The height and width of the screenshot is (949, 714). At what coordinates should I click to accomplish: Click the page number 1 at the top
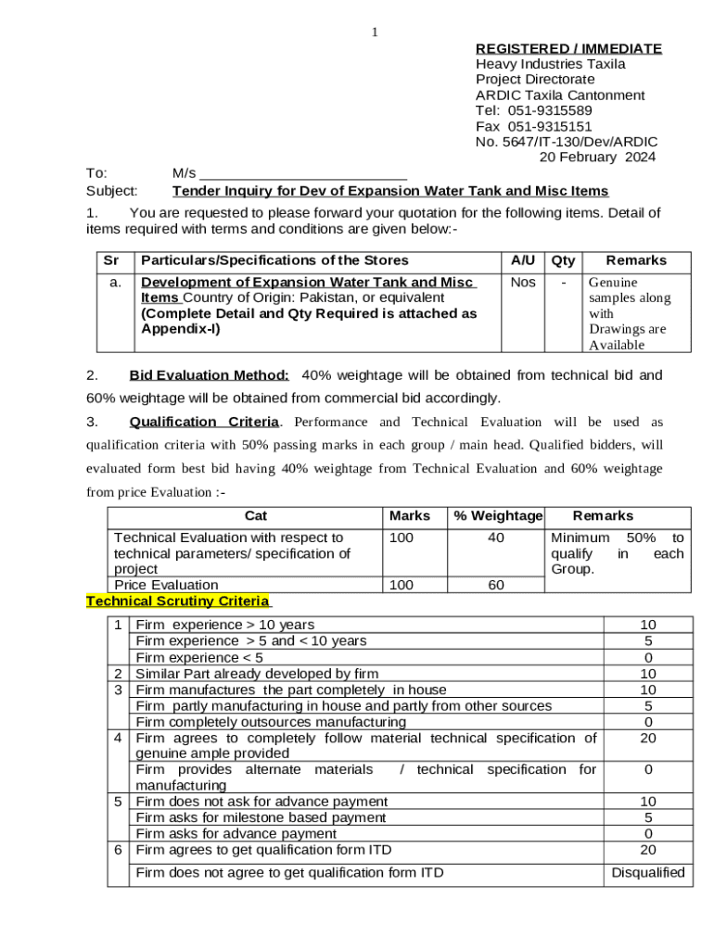click(375, 33)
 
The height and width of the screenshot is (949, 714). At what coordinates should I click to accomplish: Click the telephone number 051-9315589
click(550, 110)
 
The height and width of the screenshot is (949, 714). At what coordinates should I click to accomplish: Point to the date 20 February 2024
click(597, 157)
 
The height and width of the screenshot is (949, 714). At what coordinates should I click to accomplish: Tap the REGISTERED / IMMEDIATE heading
click(568, 48)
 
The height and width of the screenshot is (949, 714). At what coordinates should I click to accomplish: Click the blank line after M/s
click(303, 173)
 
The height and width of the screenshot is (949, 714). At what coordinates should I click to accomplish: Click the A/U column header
click(522, 260)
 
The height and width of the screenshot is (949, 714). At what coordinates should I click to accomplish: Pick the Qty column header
click(564, 260)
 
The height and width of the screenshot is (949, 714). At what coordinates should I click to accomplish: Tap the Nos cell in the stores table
click(523, 282)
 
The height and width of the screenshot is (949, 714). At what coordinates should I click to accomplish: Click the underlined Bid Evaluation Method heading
click(209, 375)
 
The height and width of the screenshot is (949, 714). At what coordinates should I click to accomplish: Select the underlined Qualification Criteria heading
click(204, 422)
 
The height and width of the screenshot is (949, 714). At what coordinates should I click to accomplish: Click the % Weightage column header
click(498, 515)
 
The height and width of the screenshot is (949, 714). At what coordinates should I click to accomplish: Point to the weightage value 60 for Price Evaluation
click(496, 585)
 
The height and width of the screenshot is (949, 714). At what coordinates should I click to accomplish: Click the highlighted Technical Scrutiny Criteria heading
click(177, 601)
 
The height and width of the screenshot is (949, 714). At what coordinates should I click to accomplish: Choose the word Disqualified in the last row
click(648, 872)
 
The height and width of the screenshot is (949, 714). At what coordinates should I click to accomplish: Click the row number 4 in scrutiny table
click(118, 738)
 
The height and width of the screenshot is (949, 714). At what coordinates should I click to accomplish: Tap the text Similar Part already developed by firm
click(257, 674)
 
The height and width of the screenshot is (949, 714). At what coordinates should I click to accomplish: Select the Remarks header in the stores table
click(636, 260)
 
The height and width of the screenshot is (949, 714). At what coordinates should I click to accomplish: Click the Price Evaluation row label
click(166, 585)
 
